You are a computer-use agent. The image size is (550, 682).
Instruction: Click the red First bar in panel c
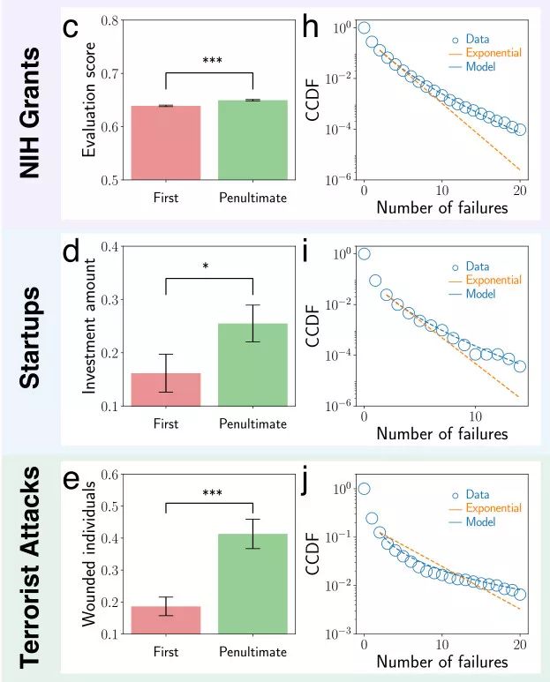point(165,142)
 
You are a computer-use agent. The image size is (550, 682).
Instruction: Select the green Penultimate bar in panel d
point(252,364)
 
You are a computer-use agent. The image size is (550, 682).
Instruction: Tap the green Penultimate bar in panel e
point(252,583)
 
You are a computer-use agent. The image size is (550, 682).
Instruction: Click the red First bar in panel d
point(165,389)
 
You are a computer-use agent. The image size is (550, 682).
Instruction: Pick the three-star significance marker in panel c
point(212,61)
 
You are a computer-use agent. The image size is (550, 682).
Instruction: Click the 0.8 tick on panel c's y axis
point(111,20)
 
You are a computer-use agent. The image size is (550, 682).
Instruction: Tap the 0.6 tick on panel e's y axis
point(111,475)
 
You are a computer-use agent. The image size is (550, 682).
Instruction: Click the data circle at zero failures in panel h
point(364,27)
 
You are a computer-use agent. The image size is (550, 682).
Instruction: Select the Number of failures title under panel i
point(442,433)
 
